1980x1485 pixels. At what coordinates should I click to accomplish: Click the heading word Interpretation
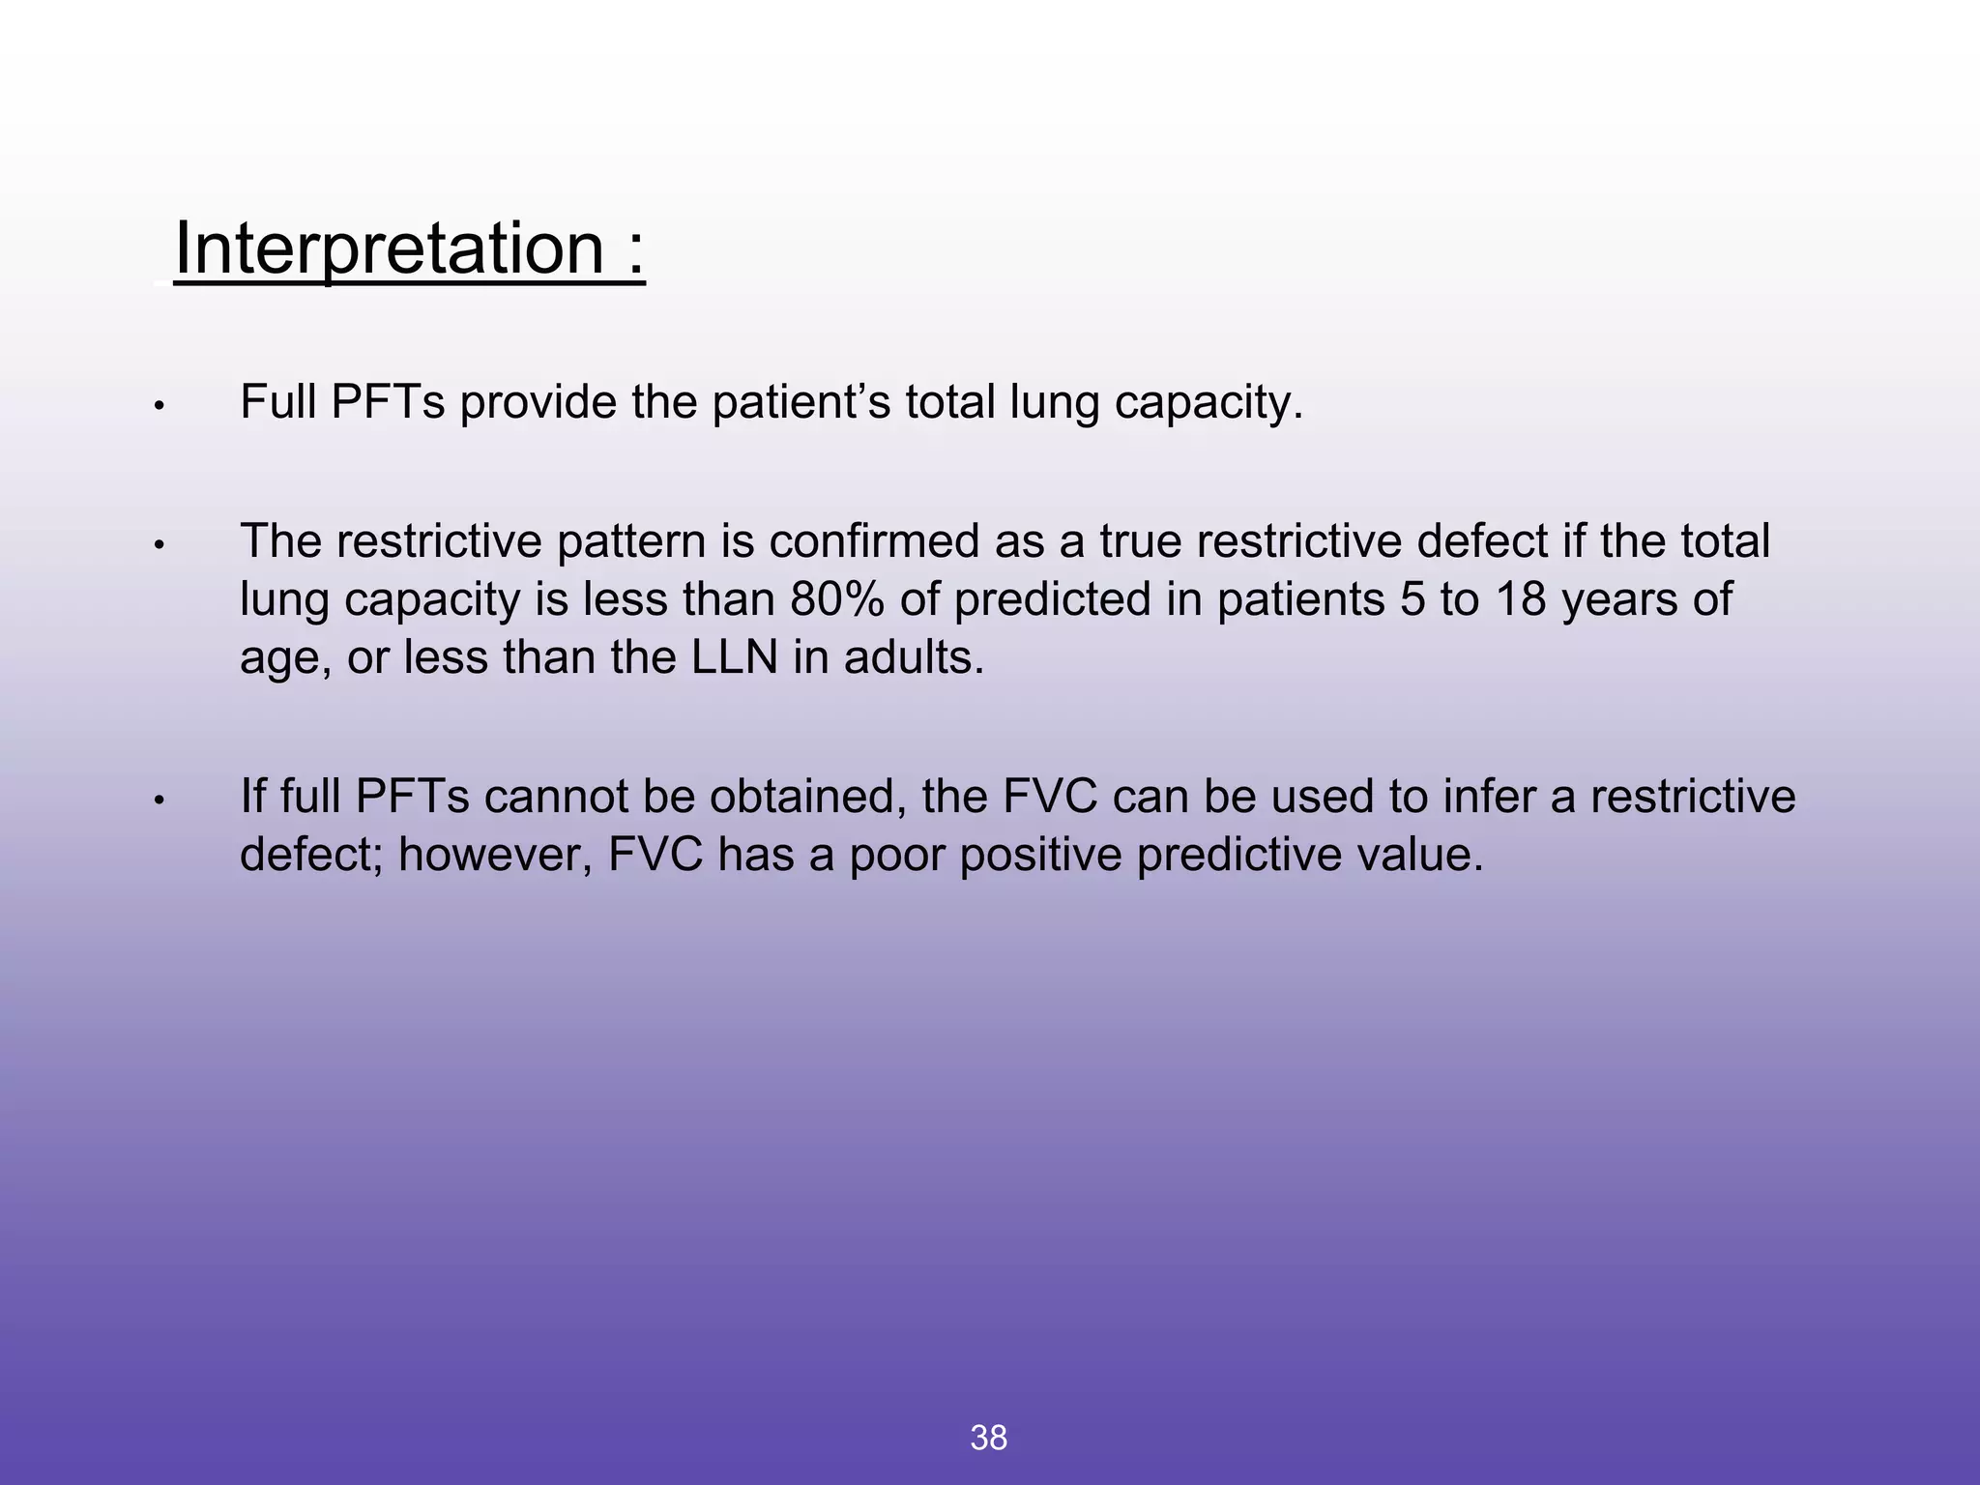pyautogui.click(x=389, y=248)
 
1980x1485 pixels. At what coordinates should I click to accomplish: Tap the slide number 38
pyautogui.click(x=988, y=1438)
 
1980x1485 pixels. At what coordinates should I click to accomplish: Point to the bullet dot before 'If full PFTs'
pyautogui.click(x=160, y=801)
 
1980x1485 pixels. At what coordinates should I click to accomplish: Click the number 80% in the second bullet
pyautogui.click(x=836, y=599)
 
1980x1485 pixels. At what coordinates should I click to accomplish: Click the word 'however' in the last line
pyautogui.click(x=494, y=855)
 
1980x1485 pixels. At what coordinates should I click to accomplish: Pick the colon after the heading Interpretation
pyautogui.click(x=635, y=248)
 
